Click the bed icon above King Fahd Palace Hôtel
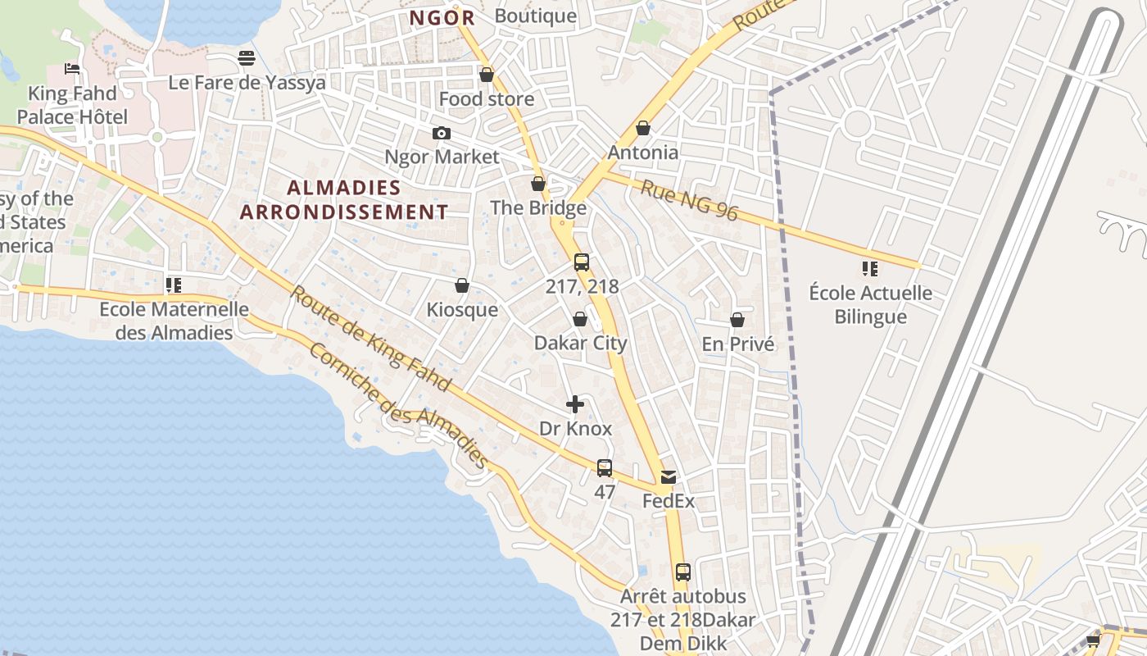(x=72, y=69)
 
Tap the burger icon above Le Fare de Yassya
(x=247, y=58)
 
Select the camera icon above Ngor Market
(x=442, y=133)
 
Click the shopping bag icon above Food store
(x=487, y=75)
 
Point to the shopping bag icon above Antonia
(x=643, y=129)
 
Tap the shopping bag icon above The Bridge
(x=538, y=184)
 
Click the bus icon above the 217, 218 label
(x=582, y=263)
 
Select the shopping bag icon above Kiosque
(x=462, y=285)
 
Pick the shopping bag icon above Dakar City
(x=580, y=319)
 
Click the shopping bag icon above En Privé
(x=737, y=320)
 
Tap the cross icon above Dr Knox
(x=575, y=404)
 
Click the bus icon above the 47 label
(x=605, y=468)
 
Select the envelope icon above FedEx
(x=669, y=477)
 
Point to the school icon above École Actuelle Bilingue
(x=870, y=269)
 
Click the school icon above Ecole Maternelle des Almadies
(x=174, y=285)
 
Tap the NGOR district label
(x=442, y=17)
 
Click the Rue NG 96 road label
(x=689, y=202)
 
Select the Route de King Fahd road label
(x=370, y=338)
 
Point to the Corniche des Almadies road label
(x=399, y=406)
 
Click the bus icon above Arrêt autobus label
(x=683, y=572)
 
